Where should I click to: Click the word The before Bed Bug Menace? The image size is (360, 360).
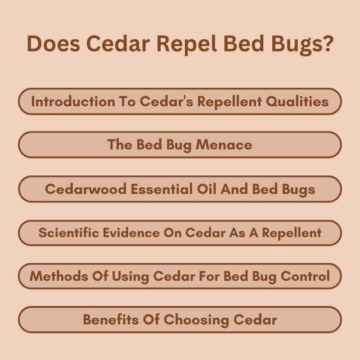[x=120, y=144]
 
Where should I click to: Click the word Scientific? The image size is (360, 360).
[x=67, y=233]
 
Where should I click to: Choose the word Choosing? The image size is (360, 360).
[x=195, y=319]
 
